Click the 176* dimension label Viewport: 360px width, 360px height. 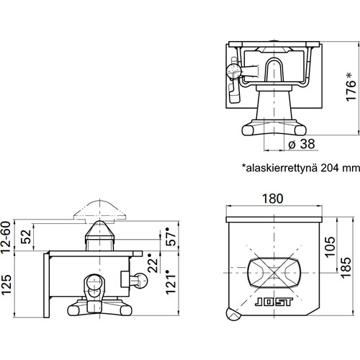[x=351, y=86]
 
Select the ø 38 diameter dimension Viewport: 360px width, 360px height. [x=302, y=144]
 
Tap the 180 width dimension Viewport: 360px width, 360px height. [x=272, y=199]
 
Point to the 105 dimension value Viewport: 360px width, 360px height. [x=330, y=247]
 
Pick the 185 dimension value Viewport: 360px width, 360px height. [x=346, y=268]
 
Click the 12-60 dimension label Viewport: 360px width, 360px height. [x=6, y=237]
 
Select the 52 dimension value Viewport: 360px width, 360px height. [x=26, y=237]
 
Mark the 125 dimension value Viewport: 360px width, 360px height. [x=6, y=284]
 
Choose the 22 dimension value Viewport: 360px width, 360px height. [x=153, y=264]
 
